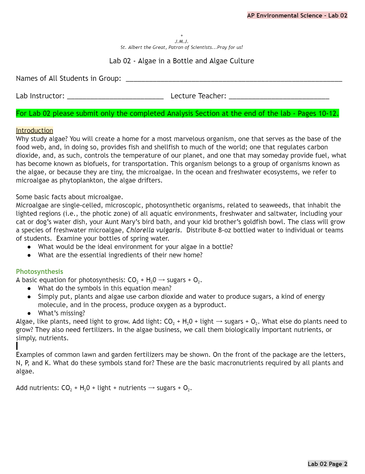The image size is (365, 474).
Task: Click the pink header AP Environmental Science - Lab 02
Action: (297, 15)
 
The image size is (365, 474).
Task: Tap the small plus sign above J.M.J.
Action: (182, 36)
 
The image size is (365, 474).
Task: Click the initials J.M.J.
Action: (181, 41)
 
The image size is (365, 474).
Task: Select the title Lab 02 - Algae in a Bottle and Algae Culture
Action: (181, 61)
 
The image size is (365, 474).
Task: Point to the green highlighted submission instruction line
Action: (177, 113)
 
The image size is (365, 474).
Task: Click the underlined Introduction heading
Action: (34, 130)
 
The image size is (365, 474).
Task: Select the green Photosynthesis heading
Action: (39, 271)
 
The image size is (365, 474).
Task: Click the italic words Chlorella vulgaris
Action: (153, 230)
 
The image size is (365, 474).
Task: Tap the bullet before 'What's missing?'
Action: (29, 313)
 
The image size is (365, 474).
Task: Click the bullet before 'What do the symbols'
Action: (29, 288)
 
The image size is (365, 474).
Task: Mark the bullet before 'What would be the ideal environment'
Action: (29, 247)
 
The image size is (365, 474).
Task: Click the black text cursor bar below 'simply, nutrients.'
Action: (17, 346)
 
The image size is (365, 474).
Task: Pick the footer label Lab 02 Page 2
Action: (327, 464)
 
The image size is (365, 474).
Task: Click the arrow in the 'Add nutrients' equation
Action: (151, 388)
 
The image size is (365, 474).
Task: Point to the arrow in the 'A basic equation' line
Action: (161, 280)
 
